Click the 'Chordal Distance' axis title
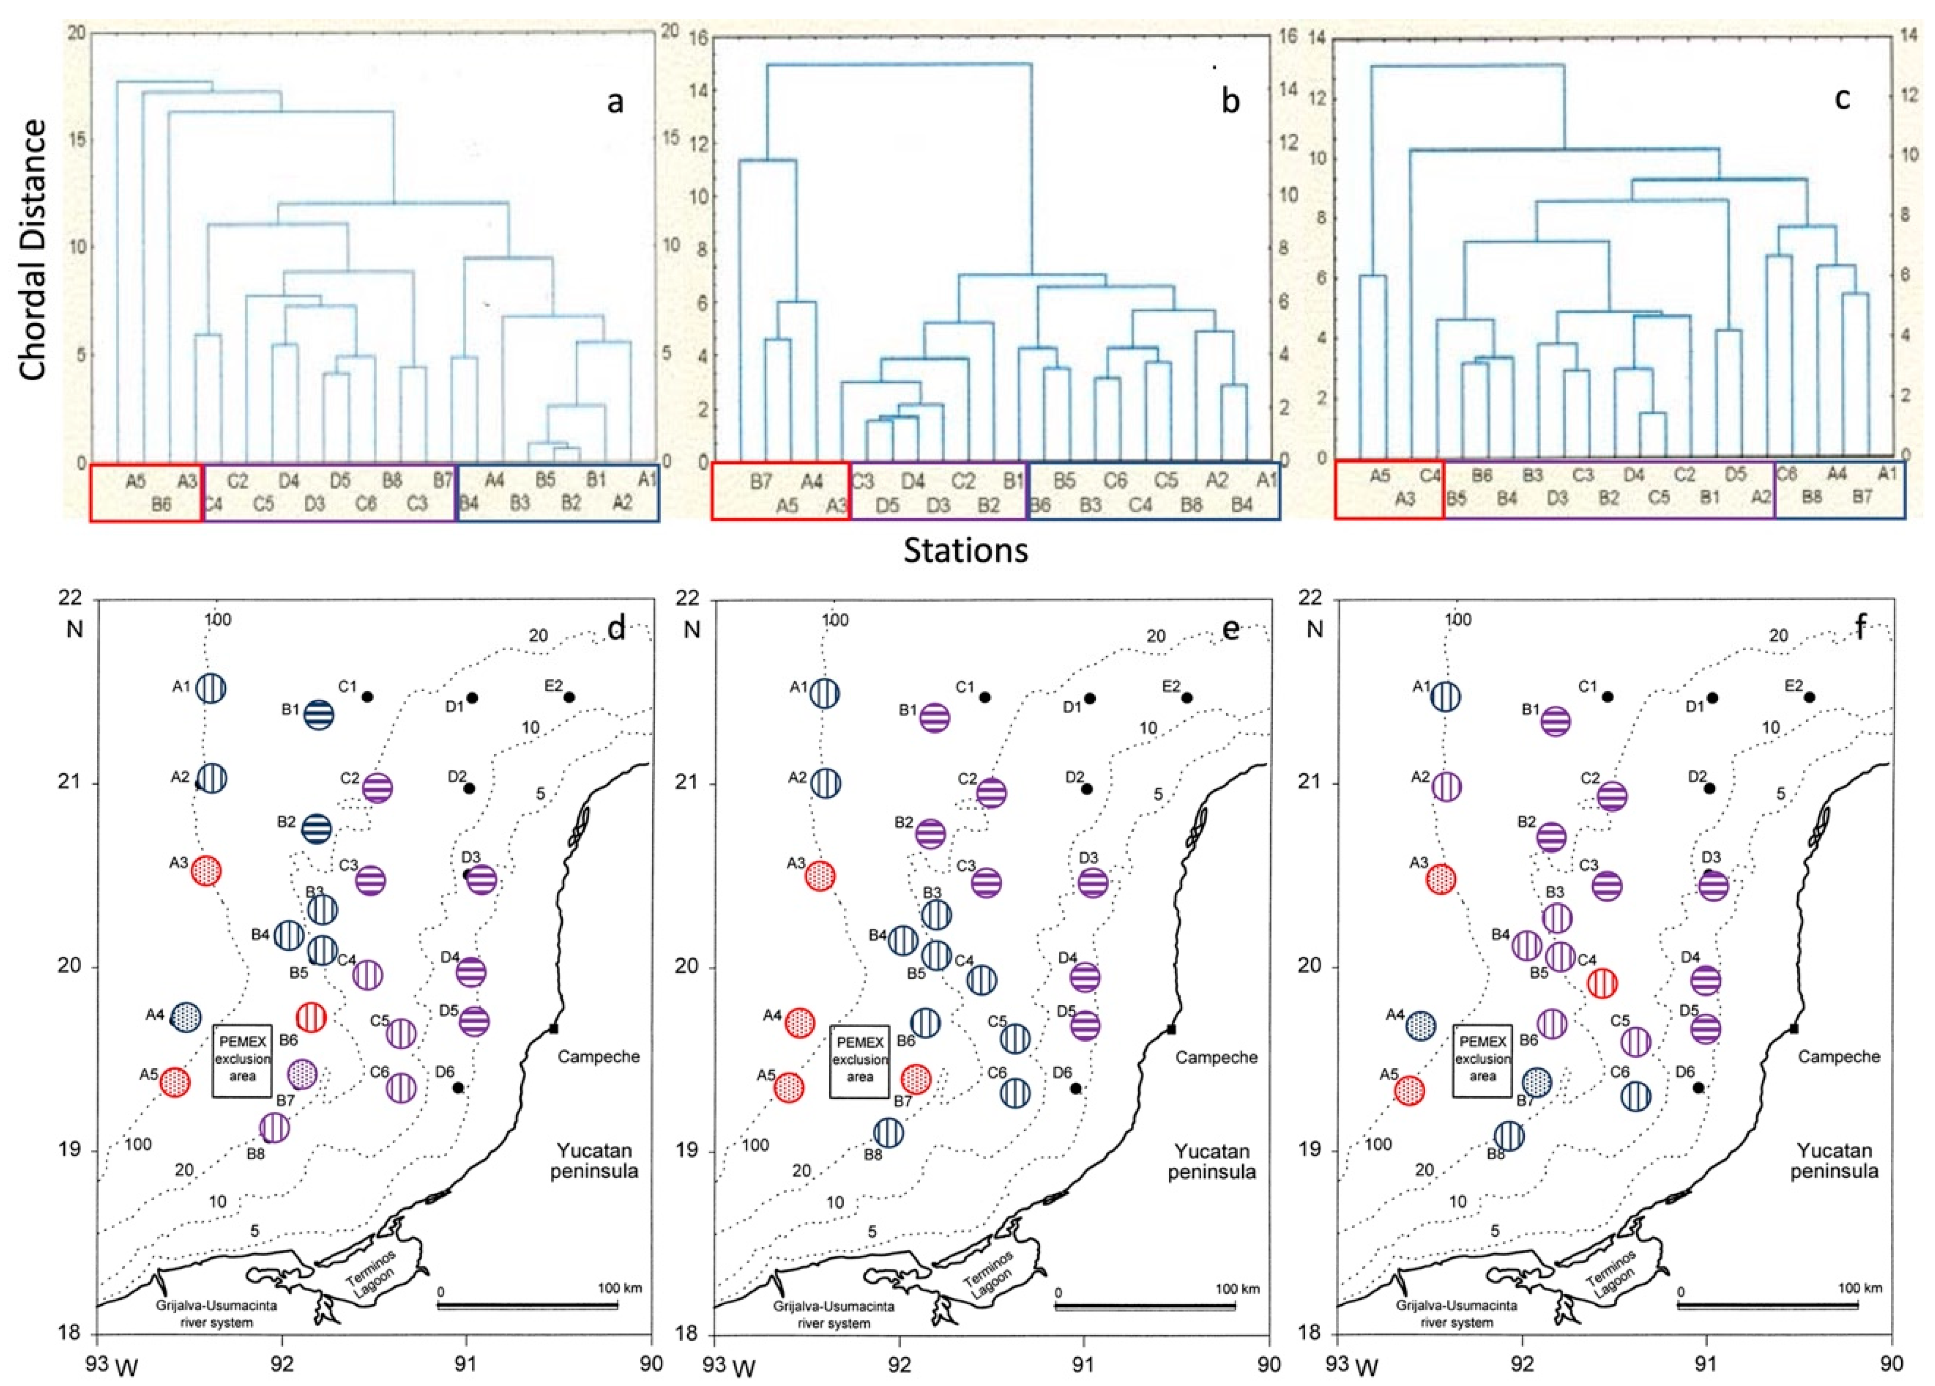coord(34,249)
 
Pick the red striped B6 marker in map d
coord(311,1017)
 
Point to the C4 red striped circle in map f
coord(1602,982)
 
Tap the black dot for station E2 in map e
coord(1186,697)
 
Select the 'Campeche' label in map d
coord(598,1056)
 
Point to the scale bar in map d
coord(527,1306)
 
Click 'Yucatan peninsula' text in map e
coord(1212,1160)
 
